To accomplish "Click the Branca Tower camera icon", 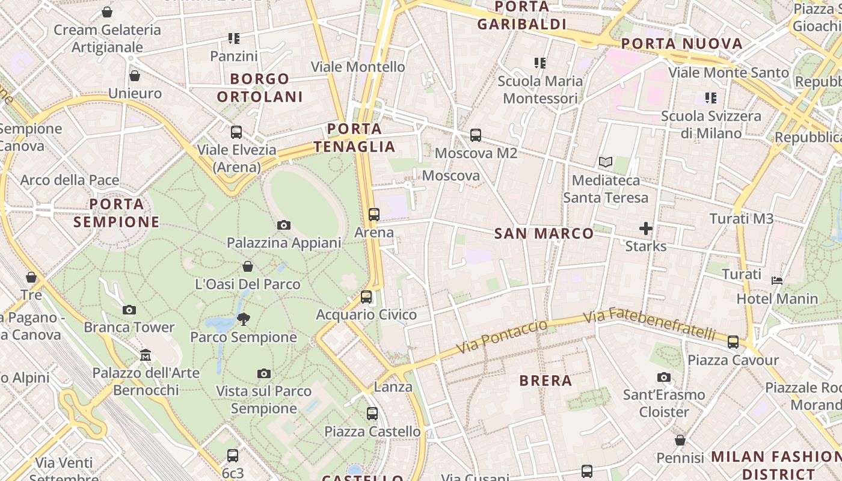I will pos(129,310).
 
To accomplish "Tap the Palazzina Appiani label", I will pos(283,243).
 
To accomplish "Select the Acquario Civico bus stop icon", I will pos(366,297).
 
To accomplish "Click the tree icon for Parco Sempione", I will pos(243,319).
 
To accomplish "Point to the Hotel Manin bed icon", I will pos(777,280).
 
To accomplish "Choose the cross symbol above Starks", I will pos(646,228).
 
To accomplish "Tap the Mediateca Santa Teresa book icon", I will pos(605,162).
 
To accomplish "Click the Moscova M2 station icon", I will pos(476,135).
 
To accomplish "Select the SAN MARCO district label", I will pos(544,234).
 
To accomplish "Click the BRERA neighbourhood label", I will pos(545,381).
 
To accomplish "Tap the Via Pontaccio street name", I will pos(502,337).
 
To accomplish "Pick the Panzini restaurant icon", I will pos(234,39).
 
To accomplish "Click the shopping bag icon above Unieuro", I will pos(135,76).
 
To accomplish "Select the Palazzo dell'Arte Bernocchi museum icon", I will pos(146,355).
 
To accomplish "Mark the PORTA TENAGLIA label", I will pos(354,138).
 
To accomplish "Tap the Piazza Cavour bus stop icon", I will pos(733,342).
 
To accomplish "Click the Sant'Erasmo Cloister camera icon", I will pos(664,377).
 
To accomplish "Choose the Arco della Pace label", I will pos(70,180).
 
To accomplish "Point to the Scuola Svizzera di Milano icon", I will pos(711,98).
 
